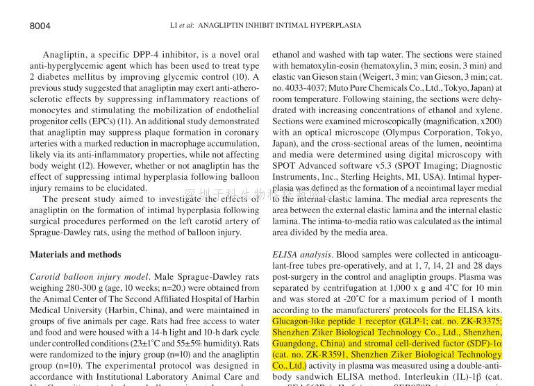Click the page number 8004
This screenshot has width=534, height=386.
pyautogui.click(x=40, y=26)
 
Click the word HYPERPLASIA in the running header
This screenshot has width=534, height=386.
pyautogui.click(x=337, y=26)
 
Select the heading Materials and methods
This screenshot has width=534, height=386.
pyautogui.click(x=75, y=255)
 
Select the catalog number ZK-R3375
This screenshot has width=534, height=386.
pyautogui.click(x=479, y=321)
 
